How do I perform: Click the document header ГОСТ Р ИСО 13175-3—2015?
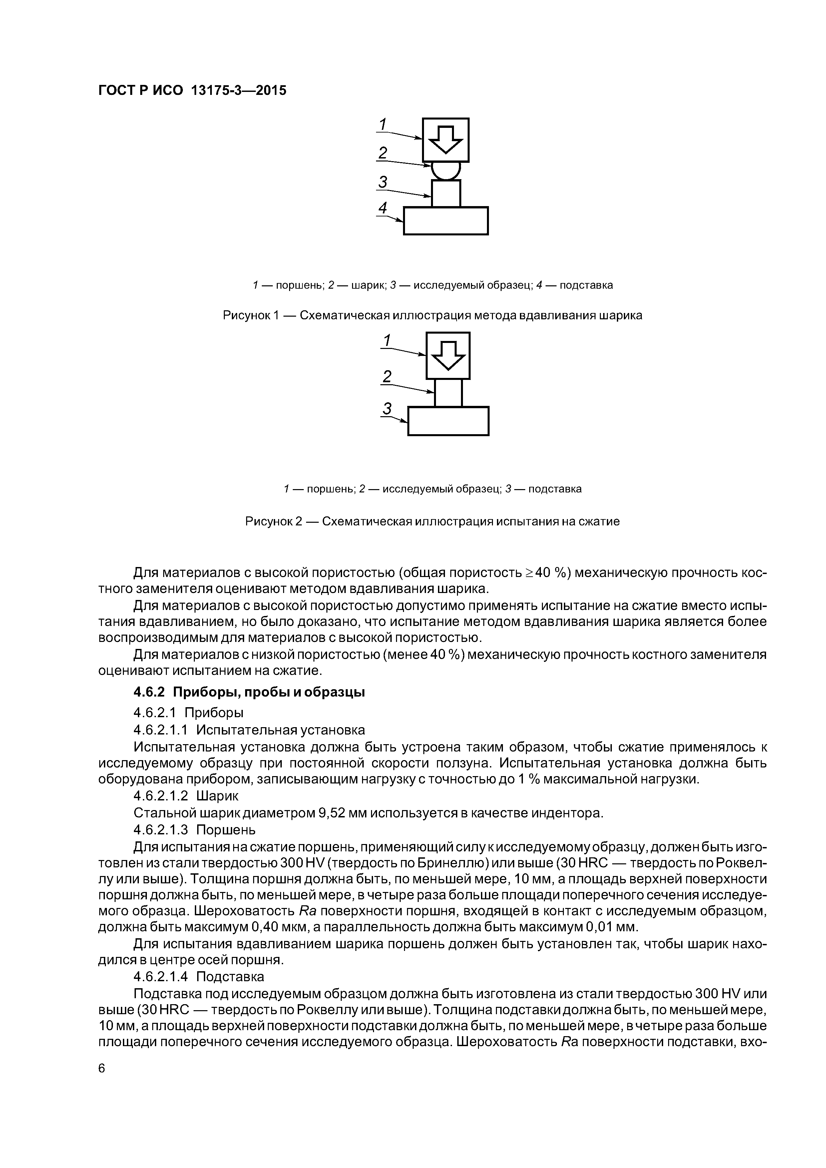(192, 91)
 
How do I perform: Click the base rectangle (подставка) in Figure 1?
(446, 221)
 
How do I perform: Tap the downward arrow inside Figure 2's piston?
(448, 355)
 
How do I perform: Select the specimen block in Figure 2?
(448, 393)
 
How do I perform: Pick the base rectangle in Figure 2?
(448, 421)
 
